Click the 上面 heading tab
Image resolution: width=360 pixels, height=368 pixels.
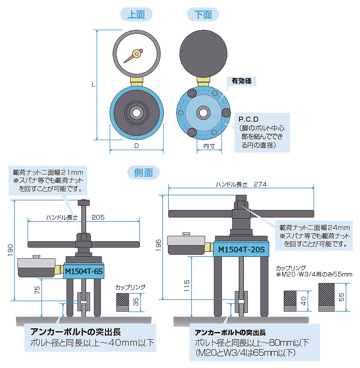(x=136, y=15)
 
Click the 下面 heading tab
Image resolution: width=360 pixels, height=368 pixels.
(x=203, y=15)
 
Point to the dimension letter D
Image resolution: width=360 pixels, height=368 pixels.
(x=136, y=146)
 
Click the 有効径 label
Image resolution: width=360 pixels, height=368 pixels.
(x=242, y=81)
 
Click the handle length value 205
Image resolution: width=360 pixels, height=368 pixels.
(x=98, y=217)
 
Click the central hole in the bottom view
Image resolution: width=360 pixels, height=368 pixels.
(x=204, y=112)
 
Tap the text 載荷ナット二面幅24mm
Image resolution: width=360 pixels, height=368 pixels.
(x=314, y=227)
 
